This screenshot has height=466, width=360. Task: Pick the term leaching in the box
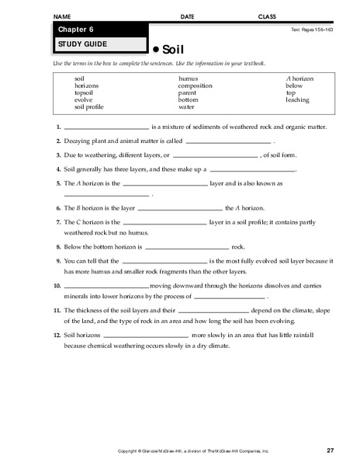tap(297, 100)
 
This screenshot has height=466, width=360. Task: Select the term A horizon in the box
tap(299, 79)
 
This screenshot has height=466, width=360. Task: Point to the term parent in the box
tap(188, 93)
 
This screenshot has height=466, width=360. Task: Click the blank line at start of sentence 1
tap(106, 128)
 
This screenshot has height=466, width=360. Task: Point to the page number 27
tap(330, 450)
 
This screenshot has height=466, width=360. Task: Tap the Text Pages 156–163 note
tap(313, 29)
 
